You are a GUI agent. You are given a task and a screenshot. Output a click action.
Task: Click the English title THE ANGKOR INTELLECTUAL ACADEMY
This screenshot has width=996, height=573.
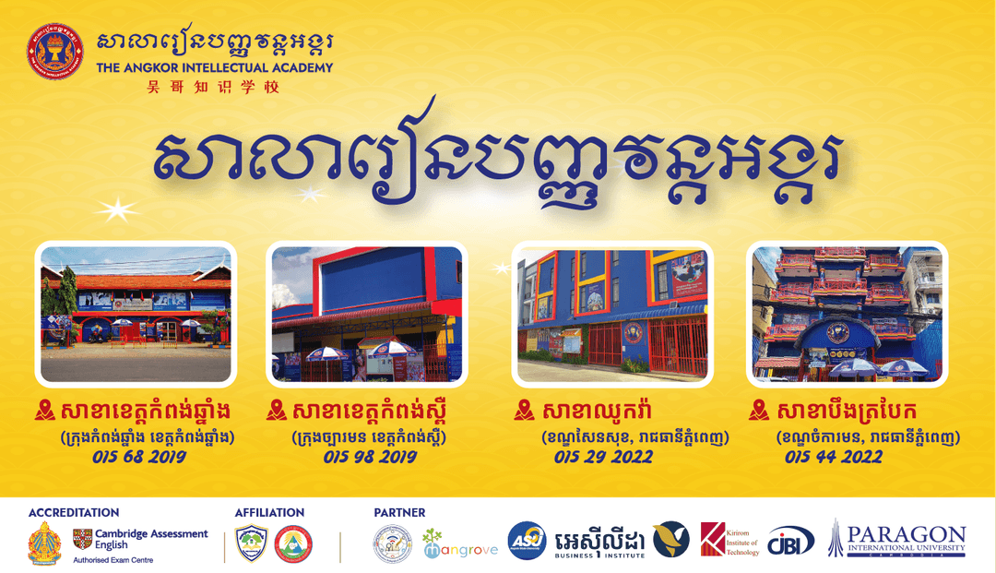click(215, 67)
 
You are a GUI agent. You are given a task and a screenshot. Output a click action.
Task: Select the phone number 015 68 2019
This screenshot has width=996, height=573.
click(138, 456)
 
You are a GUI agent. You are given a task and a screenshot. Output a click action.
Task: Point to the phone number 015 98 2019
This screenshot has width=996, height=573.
click(369, 456)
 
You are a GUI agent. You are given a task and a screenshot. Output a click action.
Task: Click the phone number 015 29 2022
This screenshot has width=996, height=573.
click(606, 456)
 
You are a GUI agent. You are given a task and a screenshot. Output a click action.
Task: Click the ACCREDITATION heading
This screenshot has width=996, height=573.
click(74, 512)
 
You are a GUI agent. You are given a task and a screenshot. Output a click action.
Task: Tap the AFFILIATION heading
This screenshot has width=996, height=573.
click(269, 512)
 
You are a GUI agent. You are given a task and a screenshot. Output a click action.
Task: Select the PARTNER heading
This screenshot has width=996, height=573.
click(399, 512)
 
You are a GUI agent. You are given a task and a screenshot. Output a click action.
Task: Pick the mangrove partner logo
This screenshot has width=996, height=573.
click(460, 545)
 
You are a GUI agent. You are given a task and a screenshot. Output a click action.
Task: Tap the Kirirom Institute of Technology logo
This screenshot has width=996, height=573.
click(729, 540)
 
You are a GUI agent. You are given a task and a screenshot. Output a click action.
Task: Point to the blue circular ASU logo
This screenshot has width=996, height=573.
click(527, 541)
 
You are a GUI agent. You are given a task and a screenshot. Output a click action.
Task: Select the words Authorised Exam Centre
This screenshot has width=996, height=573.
click(114, 559)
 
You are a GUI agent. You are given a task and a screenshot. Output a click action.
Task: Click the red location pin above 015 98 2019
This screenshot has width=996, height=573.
click(276, 410)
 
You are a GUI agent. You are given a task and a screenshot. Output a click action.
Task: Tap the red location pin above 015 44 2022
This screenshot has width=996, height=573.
click(760, 410)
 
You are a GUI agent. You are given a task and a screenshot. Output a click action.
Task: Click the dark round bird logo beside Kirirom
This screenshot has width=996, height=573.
click(670, 541)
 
